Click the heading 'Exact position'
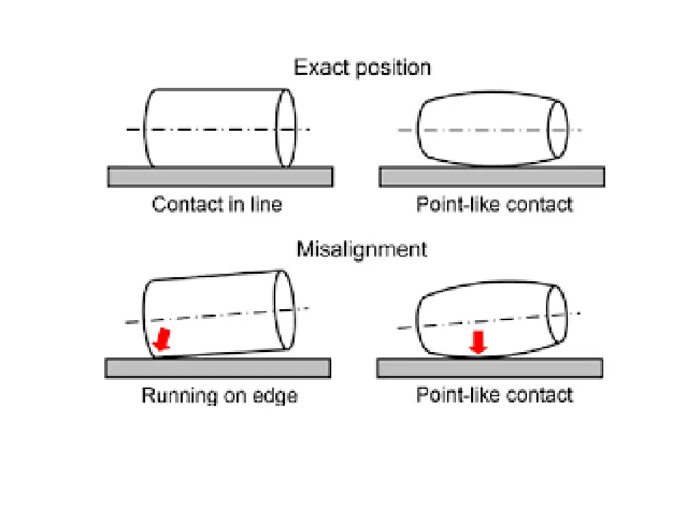362,68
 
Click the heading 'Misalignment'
362,249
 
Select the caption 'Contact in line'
217,204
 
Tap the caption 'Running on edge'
219,395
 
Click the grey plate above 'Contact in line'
220,177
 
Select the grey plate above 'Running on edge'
218,368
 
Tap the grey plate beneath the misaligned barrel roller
489,368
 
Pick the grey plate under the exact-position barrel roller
491,177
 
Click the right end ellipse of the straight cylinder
286,128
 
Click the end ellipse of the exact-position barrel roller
559,129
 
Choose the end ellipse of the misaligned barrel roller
557,313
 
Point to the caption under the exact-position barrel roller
495,204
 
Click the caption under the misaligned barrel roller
495,395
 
